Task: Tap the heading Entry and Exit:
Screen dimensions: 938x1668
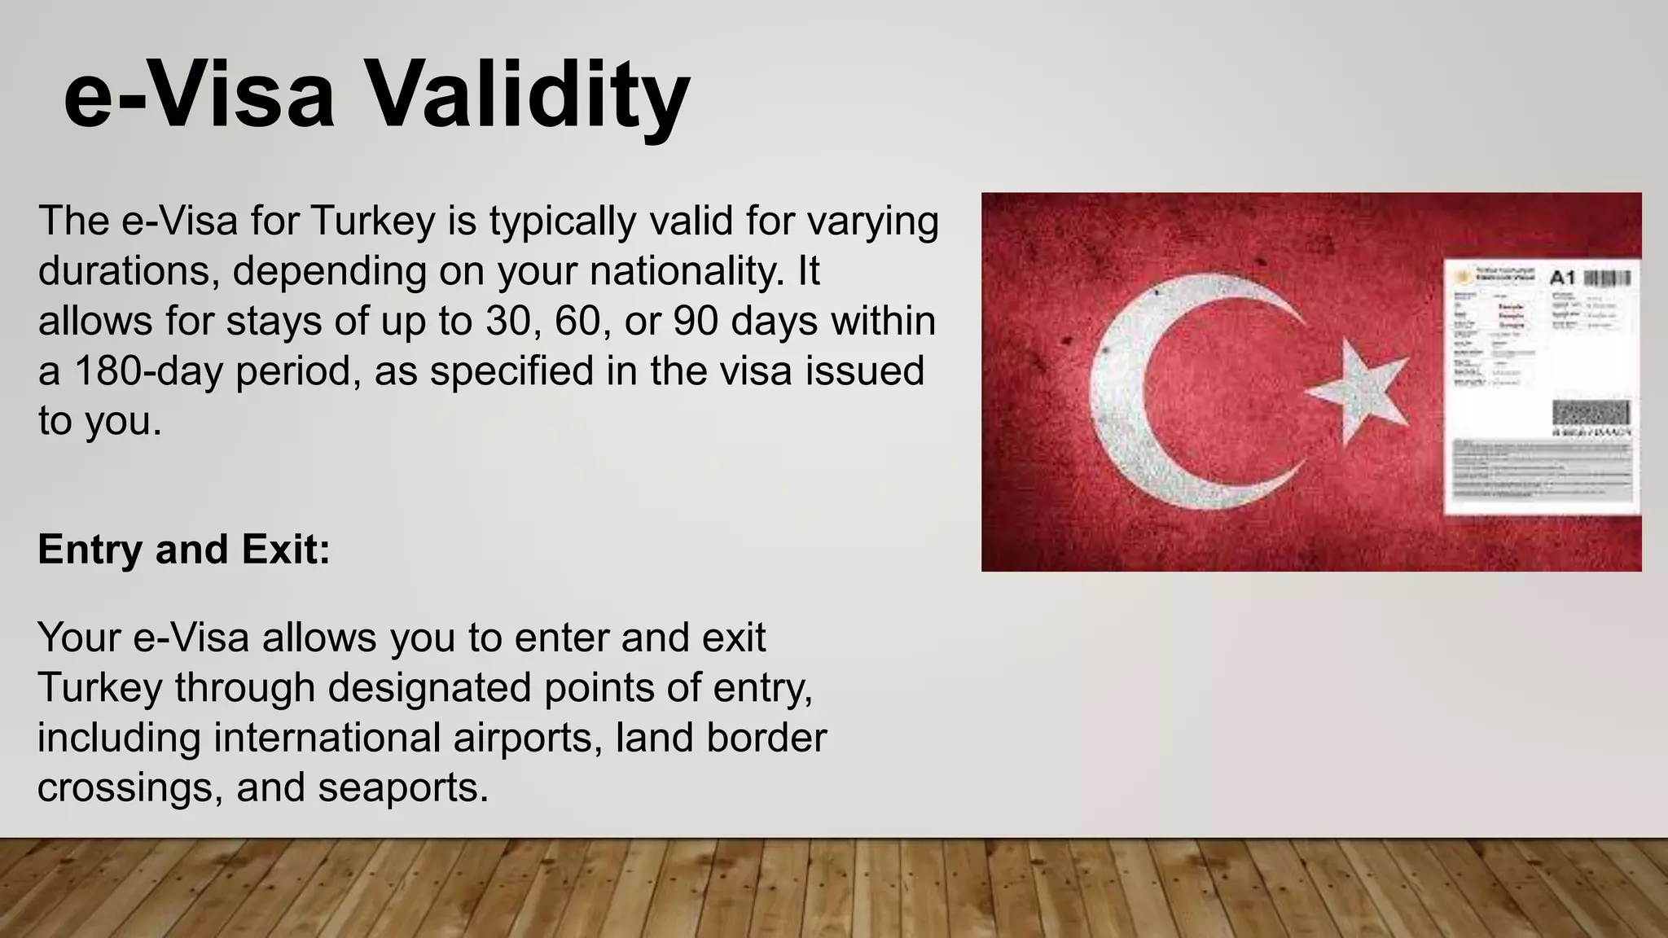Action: coord(184,550)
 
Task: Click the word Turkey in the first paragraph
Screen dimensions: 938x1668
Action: coord(373,221)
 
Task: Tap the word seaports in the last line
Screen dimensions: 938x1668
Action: coord(403,787)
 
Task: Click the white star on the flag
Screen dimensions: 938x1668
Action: coord(1357,392)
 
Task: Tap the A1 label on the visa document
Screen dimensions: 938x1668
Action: coord(1562,278)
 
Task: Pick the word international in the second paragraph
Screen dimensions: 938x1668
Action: coord(327,738)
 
